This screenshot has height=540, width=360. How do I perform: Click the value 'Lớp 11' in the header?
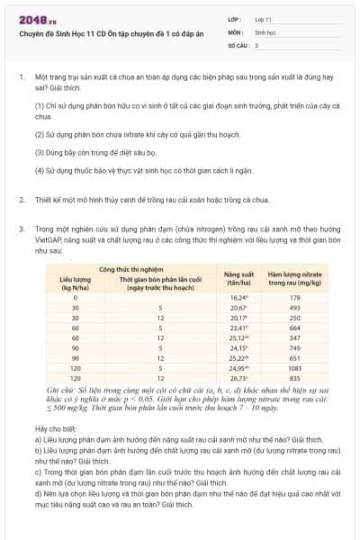tap(265, 18)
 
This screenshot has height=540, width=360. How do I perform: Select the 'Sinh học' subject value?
tap(266, 31)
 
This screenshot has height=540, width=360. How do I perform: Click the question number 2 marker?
tap(21, 198)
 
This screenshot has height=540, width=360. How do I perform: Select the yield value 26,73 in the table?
tap(238, 378)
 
